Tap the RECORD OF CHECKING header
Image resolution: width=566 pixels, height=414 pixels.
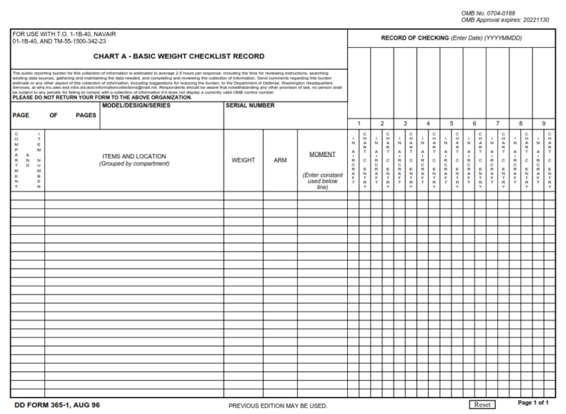click(451, 38)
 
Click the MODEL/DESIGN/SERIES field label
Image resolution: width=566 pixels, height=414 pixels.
click(136, 105)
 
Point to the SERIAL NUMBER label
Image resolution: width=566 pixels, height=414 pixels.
click(250, 105)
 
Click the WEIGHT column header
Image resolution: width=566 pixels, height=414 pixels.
click(243, 160)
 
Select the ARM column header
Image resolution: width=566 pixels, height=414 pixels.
click(280, 160)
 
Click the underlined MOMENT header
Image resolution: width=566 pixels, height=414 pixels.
click(322, 155)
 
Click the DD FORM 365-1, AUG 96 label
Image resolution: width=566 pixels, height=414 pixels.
click(57, 405)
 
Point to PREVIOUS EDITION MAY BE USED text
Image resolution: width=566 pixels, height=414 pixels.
click(278, 405)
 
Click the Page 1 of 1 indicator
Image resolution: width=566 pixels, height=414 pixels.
click(533, 403)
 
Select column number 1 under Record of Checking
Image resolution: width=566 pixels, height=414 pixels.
click(359, 123)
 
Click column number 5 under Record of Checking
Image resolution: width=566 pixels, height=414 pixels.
click(451, 123)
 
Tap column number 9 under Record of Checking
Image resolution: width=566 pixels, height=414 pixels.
click(544, 123)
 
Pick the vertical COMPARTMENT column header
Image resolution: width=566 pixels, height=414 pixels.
click(16, 161)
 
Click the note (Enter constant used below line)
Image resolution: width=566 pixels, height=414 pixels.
click(322, 181)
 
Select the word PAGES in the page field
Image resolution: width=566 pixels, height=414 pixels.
click(86, 116)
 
